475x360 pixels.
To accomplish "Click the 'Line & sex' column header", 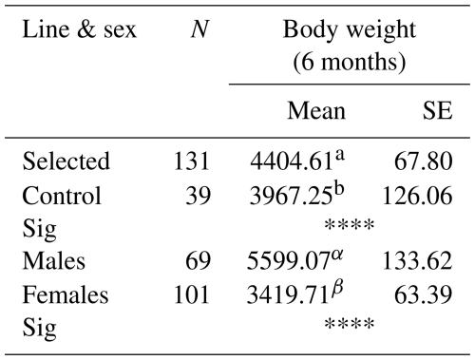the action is pos(79,29).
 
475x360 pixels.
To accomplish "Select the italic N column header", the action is pos(199,29).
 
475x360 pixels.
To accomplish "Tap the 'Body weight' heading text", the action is pos(350,31).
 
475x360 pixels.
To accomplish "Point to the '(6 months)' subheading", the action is pos(350,62).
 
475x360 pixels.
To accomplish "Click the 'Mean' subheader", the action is pos(316,111).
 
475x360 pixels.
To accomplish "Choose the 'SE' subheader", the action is pos(438,111).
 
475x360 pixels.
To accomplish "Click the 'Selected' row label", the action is pos(66,161).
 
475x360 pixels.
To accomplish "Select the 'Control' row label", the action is pos(62,196).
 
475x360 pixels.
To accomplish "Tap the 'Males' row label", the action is pos(54,261).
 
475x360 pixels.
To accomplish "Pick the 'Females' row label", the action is pos(66,294).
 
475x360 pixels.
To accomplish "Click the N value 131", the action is pos(192,161).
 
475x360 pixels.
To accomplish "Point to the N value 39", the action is pos(199,196).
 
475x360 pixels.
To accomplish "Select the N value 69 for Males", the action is pos(199,261).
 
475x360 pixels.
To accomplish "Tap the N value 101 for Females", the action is pos(192,294).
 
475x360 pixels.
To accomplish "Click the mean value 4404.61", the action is pos(291,161).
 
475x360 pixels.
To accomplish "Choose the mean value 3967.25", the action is pos(291,196).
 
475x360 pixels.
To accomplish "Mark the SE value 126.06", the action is pos(418,196).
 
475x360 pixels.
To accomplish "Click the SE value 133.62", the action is pos(418,261).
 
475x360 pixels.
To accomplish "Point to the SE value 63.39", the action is pos(424,294).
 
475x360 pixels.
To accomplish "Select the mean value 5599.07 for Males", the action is pos(288,261).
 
